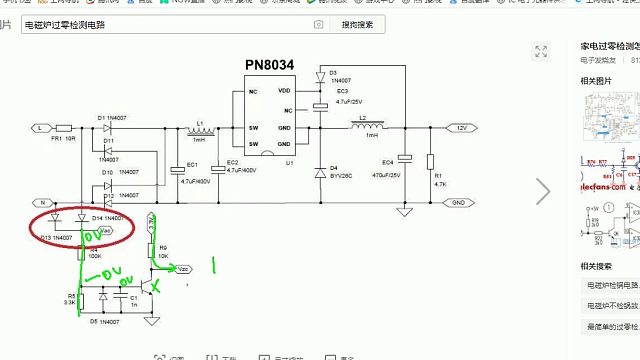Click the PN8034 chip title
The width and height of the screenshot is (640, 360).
(269, 65)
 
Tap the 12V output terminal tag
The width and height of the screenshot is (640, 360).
(460, 128)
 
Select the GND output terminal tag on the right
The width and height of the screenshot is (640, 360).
(458, 203)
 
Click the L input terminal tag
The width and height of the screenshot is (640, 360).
(39, 129)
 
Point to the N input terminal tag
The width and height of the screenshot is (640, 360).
(42, 203)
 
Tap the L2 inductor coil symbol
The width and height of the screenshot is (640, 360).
(362, 128)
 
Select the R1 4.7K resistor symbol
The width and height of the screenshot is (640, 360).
(429, 162)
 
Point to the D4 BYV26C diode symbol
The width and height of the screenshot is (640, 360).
(320, 168)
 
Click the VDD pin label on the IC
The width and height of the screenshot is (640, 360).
(285, 92)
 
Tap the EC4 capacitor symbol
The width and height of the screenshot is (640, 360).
(404, 158)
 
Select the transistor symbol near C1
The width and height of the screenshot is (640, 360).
(148, 287)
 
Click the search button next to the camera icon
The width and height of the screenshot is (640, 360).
(357, 24)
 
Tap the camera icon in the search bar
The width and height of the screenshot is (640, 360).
(318, 24)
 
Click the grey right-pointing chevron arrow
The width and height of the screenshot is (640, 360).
(544, 190)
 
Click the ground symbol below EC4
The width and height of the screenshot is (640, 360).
(404, 212)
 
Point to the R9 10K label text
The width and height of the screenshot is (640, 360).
(163, 250)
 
